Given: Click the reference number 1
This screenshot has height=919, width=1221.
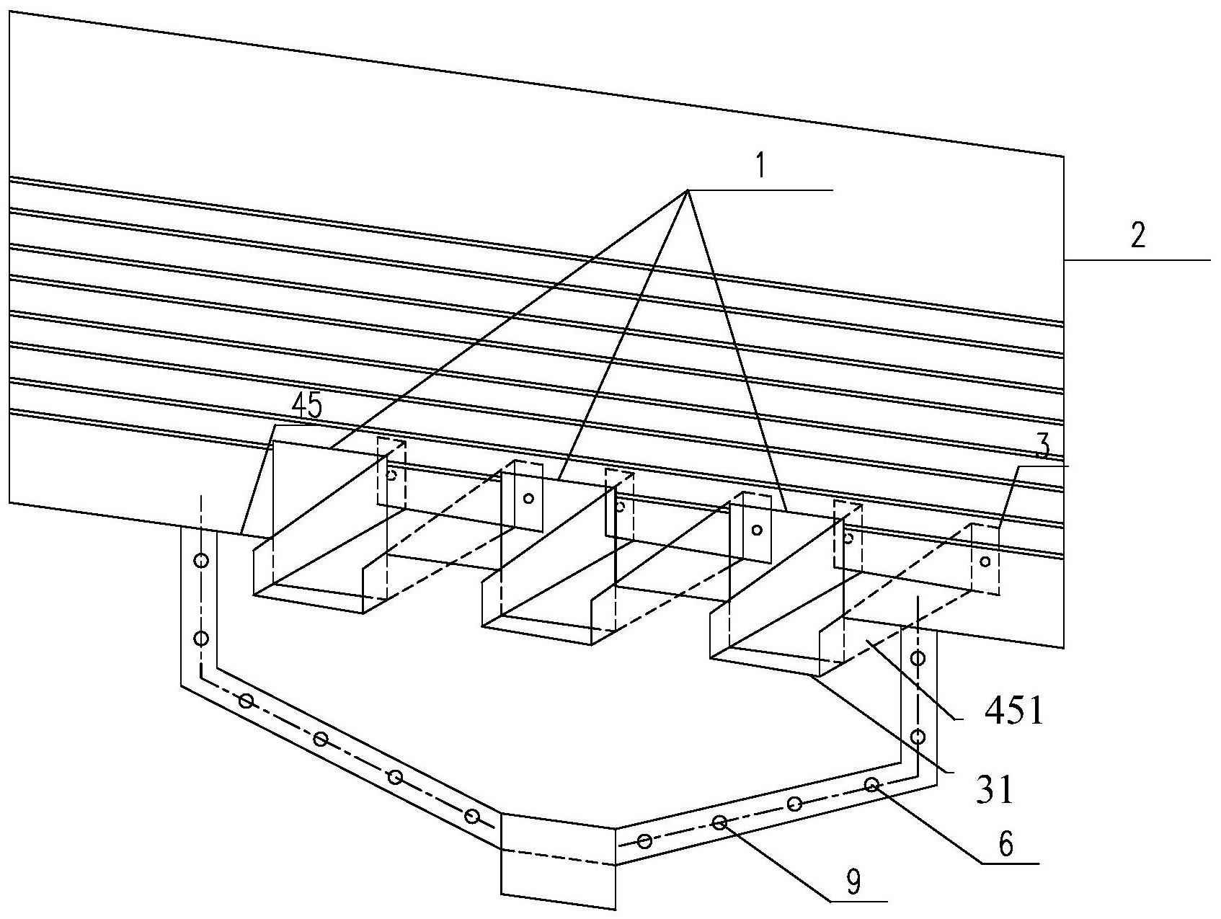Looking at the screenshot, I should pyautogui.click(x=759, y=167).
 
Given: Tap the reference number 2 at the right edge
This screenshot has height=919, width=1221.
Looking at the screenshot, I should pyautogui.click(x=1137, y=236).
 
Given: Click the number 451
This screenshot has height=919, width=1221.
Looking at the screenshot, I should pyautogui.click(x=1013, y=713).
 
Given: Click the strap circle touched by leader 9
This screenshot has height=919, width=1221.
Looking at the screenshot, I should pyautogui.click(x=719, y=822).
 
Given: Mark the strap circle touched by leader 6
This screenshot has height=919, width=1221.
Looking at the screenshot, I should pyautogui.click(x=871, y=784).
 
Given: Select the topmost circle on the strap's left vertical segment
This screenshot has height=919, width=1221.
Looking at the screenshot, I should pyautogui.click(x=201, y=560).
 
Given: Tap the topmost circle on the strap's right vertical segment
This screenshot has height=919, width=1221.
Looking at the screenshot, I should pyautogui.click(x=918, y=657).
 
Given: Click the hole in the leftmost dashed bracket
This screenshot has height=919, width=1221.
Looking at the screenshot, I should pyautogui.click(x=391, y=474).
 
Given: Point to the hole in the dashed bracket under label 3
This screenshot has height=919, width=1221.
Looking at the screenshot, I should pyautogui.click(x=985, y=561).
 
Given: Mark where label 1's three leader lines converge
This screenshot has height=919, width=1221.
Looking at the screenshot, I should pyautogui.click(x=687, y=190).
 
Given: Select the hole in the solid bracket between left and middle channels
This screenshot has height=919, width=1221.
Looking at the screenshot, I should pyautogui.click(x=528, y=498).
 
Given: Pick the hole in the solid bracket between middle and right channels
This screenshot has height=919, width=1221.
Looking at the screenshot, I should pyautogui.click(x=756, y=530).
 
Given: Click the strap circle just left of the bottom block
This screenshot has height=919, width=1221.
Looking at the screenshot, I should pyautogui.click(x=472, y=816).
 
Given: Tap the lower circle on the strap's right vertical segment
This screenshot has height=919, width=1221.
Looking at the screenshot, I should pyautogui.click(x=918, y=736).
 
